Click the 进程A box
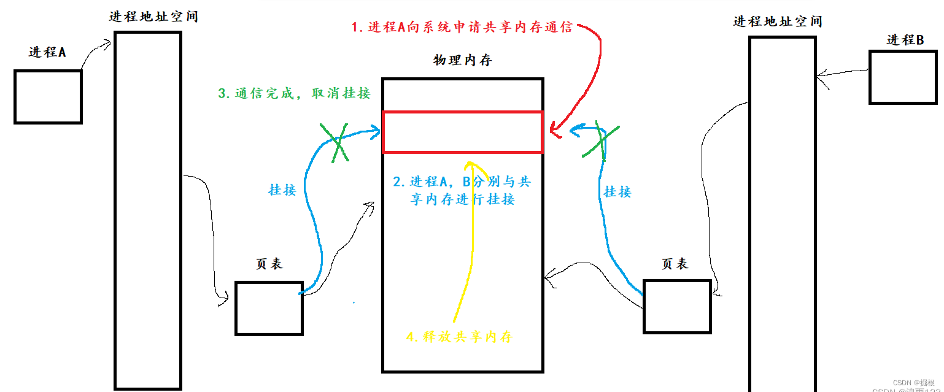tap(48, 97)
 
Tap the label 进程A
tap(47, 52)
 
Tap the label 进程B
tap(905, 40)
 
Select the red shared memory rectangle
tap(462, 132)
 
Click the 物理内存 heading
tap(462, 61)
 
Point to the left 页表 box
tap(269, 308)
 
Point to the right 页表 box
tap(676, 306)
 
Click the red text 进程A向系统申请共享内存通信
tap(462, 28)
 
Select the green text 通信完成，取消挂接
tap(295, 94)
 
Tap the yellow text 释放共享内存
tap(459, 337)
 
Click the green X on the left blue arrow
tap(335, 142)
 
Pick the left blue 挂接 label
tap(282, 190)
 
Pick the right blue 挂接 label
tap(617, 192)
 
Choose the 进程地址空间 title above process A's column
tap(153, 17)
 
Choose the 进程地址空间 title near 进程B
tap(778, 21)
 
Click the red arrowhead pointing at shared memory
tap(553, 131)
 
